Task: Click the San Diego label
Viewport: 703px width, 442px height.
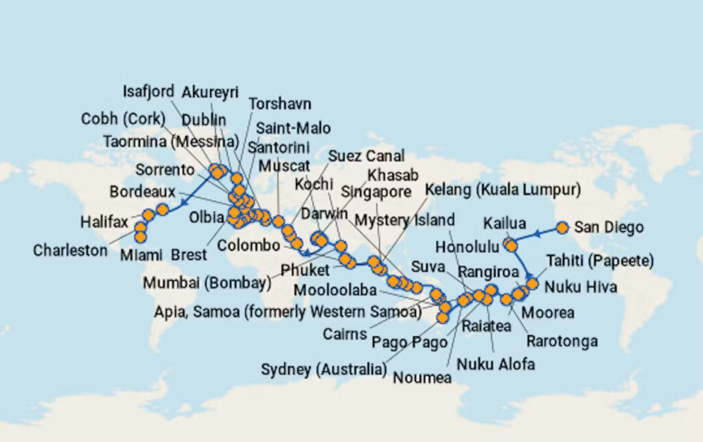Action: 608,227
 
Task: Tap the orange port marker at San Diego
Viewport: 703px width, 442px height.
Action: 562,227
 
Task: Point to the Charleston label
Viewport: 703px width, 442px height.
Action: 71,251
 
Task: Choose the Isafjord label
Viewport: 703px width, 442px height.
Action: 148,91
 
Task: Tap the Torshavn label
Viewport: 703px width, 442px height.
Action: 279,104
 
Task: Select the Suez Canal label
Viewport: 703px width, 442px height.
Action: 365,156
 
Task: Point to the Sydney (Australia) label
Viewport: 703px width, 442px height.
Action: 323,370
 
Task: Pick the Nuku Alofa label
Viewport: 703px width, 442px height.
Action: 495,364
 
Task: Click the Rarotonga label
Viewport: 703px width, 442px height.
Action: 562,341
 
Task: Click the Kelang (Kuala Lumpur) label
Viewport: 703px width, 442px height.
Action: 503,190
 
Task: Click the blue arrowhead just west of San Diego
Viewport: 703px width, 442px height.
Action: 537,233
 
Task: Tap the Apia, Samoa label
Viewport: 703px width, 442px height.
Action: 288,312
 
